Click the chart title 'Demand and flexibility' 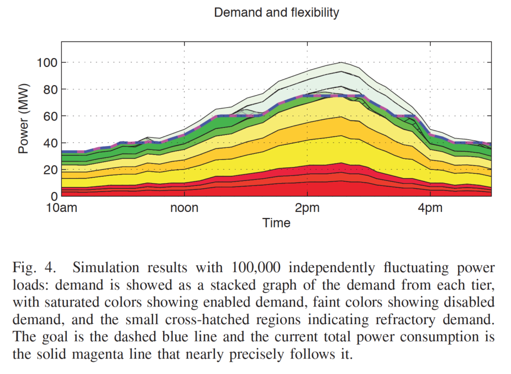(276, 12)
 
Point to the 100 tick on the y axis (47, 62)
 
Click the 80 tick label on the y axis (50, 89)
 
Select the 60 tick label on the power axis (50, 116)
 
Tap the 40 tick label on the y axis (50, 143)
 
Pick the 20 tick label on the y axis (50, 170)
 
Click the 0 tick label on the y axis (54, 196)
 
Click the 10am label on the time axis (61, 207)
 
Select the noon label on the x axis (185, 207)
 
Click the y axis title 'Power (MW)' (23, 119)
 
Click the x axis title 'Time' (276, 223)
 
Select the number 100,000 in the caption (256, 267)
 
